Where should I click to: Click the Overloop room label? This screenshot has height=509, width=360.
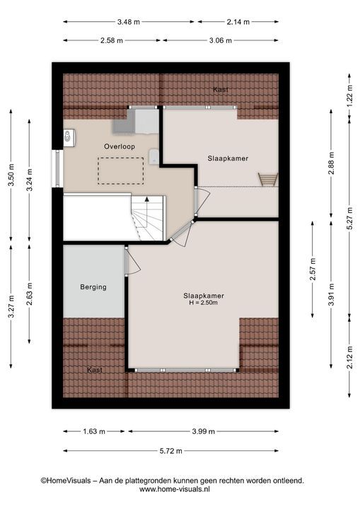click(120, 147)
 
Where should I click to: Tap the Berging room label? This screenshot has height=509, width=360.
click(93, 287)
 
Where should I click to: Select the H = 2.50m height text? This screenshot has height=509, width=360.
click(204, 303)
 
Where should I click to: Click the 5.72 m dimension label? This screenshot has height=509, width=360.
click(171, 451)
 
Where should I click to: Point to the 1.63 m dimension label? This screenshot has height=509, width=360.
click(94, 431)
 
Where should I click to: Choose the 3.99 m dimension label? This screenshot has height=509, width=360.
click(204, 431)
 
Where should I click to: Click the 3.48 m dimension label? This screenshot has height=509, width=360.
click(128, 22)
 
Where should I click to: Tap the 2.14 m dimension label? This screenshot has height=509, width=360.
click(238, 22)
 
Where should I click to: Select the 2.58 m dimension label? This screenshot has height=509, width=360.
click(112, 40)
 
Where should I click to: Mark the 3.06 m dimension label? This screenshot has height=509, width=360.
click(221, 40)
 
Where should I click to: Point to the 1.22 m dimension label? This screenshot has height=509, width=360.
click(349, 96)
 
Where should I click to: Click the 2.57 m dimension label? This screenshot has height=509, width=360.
click(313, 269)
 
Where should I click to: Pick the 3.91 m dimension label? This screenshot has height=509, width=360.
click(331, 294)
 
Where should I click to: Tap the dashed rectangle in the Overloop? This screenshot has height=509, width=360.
click(120, 171)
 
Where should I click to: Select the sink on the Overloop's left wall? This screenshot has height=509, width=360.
click(69, 138)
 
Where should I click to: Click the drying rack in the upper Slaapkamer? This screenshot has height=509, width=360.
click(268, 180)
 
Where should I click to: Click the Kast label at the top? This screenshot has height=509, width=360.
click(221, 90)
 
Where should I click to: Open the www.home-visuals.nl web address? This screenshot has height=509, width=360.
click(175, 489)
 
